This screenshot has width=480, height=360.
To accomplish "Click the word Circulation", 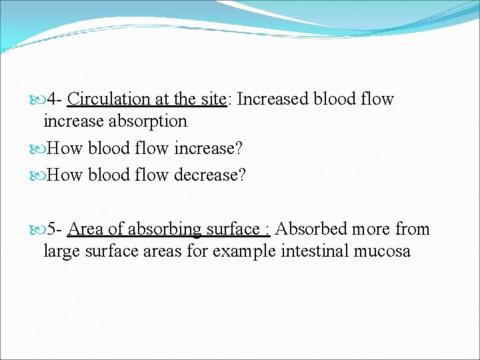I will pos(109,99).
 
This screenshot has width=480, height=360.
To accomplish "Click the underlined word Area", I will pos(86,229).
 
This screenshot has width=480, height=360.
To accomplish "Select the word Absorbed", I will pos(311,229).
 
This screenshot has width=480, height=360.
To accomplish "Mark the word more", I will pos(372,229).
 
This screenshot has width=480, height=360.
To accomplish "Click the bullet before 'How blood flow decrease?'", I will pos(38,175).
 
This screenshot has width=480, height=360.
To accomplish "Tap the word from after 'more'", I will pos(413,229).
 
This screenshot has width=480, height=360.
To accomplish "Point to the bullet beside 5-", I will pos(38,229).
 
